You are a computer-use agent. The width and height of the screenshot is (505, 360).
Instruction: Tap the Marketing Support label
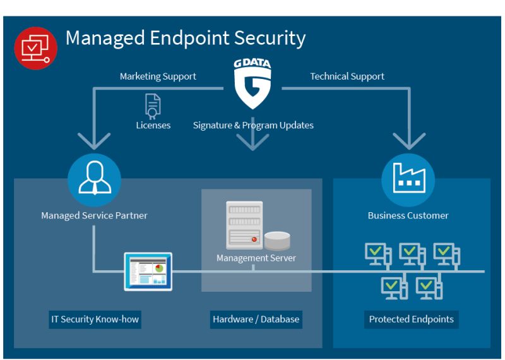[158, 76]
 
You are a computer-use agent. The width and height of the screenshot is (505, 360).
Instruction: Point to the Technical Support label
[347, 76]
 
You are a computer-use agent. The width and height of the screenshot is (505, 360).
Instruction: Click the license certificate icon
[153, 105]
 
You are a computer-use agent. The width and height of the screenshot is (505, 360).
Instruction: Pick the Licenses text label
[153, 125]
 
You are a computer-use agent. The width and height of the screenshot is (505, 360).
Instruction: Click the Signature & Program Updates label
[253, 125]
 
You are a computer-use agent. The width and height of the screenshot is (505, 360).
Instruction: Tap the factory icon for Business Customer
[408, 180]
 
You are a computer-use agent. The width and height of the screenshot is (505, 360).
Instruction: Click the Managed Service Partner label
[95, 215]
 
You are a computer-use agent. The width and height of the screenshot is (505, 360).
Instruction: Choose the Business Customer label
[408, 215]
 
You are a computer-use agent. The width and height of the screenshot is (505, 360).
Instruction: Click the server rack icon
[244, 225]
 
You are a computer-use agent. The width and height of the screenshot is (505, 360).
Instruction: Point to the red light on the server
[254, 240]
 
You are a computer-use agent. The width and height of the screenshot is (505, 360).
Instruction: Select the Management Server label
[256, 258]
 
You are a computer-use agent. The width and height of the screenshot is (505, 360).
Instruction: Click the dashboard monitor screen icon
[148, 271]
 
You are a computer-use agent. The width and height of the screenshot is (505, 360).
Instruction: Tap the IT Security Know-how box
[95, 319]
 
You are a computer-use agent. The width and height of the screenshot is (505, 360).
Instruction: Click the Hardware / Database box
[256, 319]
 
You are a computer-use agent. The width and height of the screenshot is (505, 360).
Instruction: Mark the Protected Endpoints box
[412, 319]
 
